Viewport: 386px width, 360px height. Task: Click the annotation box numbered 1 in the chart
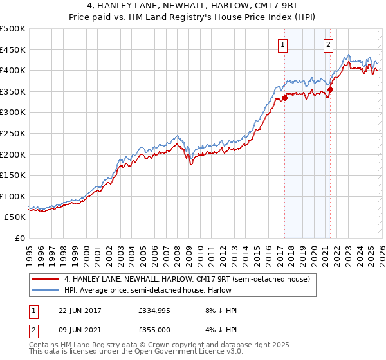click(284, 44)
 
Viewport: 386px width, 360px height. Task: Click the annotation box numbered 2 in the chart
click(329, 44)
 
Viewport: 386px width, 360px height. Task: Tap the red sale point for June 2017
click(284, 98)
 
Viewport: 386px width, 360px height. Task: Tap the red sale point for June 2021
click(330, 90)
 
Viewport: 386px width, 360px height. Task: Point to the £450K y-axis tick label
click(13, 50)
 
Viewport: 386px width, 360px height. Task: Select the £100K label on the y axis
click(13, 196)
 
